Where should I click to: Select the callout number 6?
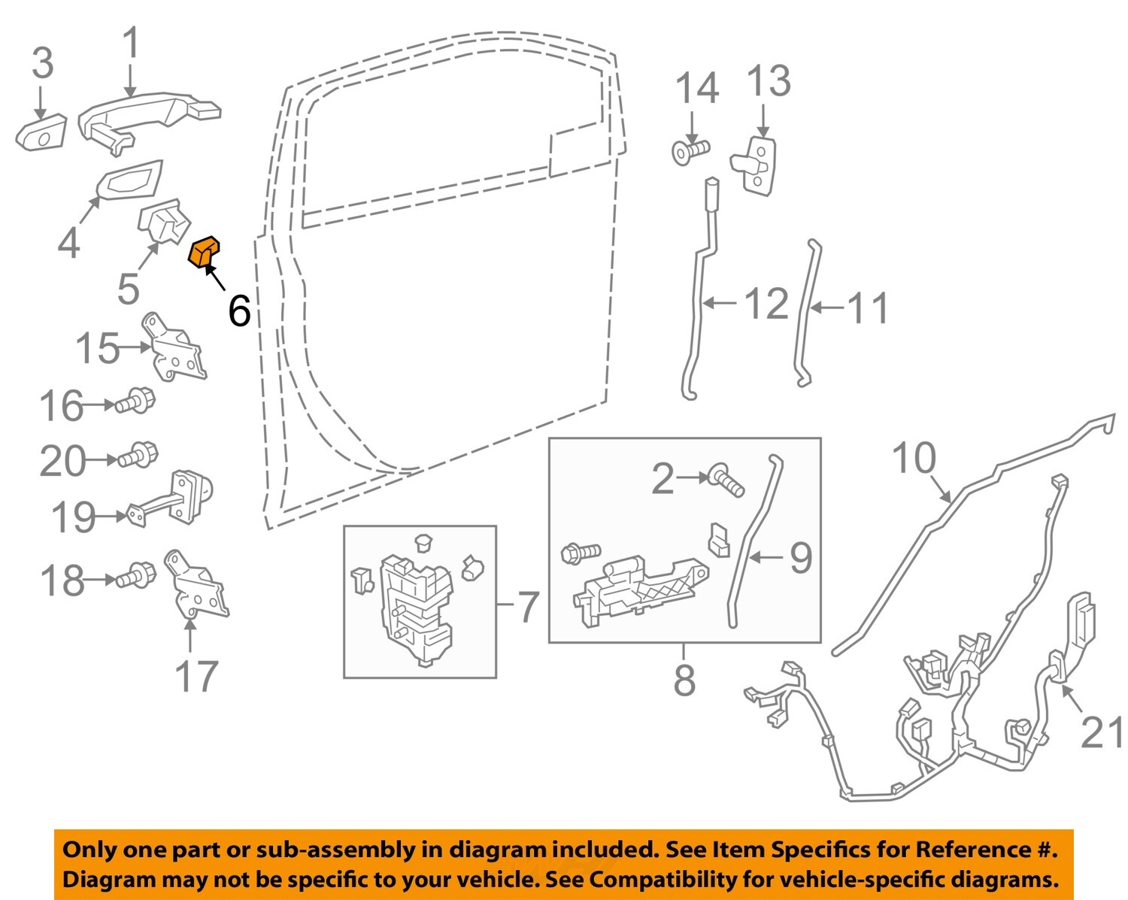(239, 310)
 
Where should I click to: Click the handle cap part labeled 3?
(41, 134)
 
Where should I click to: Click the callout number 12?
(766, 304)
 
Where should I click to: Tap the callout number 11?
(868, 308)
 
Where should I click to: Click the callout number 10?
(914, 458)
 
